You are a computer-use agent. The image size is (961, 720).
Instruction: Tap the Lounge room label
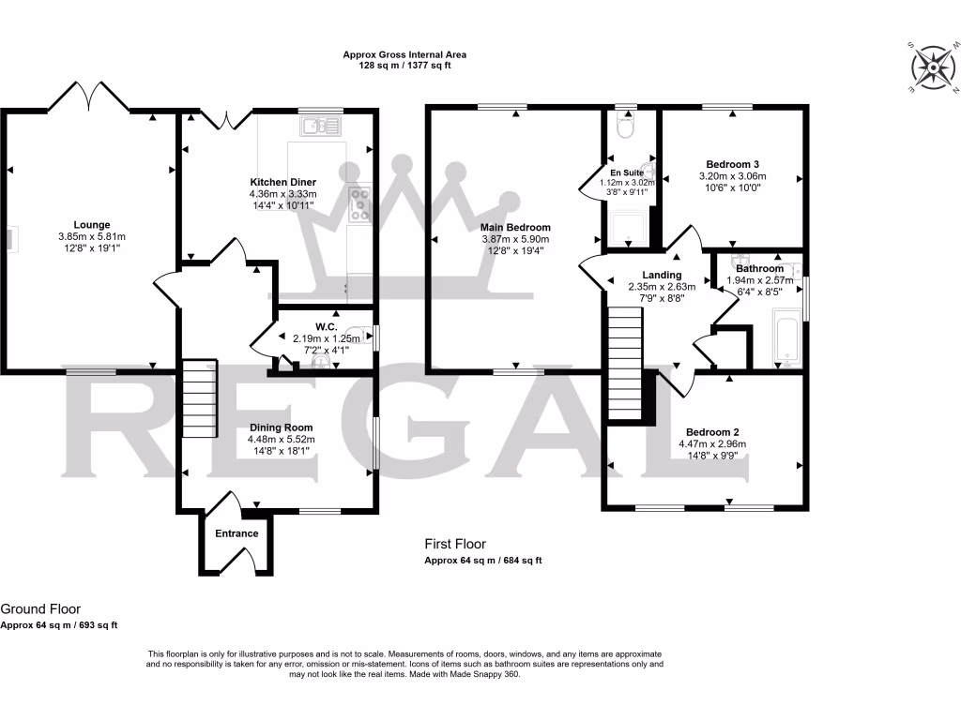point(92,225)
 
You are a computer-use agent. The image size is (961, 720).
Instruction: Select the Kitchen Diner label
point(282,182)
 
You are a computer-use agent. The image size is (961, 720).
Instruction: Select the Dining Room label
point(281,427)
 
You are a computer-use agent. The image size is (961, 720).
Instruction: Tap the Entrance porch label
point(236,533)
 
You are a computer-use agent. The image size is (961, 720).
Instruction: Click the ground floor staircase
point(199,398)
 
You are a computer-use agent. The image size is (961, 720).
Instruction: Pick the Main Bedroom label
point(515,227)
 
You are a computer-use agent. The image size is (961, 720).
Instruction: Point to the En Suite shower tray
point(628,227)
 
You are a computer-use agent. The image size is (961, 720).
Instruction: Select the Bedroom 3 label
point(732,163)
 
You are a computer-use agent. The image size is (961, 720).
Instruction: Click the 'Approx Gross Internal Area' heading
point(404,55)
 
